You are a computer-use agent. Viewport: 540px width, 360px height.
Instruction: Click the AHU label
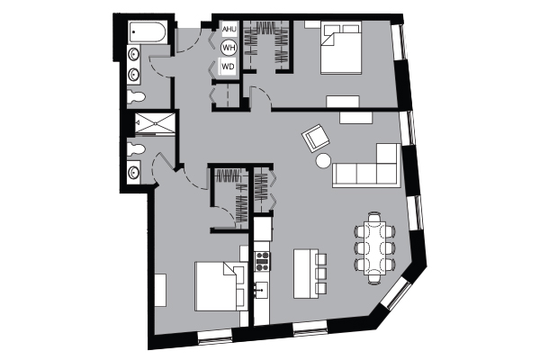[229, 30]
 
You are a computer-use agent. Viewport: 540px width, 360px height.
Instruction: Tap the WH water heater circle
[229, 47]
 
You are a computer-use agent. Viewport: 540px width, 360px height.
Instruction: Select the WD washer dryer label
[228, 66]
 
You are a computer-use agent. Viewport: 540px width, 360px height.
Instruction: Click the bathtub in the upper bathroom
[147, 32]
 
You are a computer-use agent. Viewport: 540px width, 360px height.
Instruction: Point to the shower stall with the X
[155, 123]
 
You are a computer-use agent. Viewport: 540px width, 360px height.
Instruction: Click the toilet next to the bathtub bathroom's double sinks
[136, 96]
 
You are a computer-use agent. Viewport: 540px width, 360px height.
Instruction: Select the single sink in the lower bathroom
[133, 172]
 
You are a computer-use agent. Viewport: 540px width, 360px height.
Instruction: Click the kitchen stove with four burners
[262, 261]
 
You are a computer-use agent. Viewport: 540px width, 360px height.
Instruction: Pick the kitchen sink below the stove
[262, 290]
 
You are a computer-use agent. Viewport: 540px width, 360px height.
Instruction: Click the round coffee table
[323, 160]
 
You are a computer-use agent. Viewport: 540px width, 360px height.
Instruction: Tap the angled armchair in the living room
[316, 138]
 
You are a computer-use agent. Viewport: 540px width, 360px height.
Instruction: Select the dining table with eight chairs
[374, 248]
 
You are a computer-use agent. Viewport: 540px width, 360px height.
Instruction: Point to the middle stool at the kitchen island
[320, 274]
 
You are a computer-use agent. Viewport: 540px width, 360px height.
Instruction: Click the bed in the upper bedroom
[341, 48]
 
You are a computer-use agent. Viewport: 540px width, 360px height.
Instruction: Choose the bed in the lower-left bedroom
[220, 286]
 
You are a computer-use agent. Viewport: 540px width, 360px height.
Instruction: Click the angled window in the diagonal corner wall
[397, 294]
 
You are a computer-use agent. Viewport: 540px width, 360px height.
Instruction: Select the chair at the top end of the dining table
[374, 218]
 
